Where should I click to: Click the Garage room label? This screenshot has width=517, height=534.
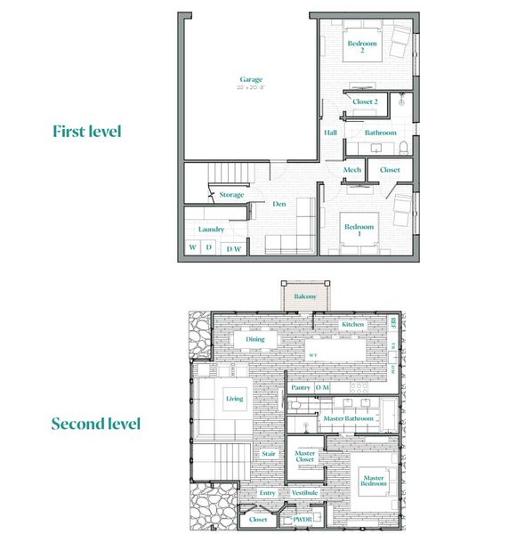coord(250,80)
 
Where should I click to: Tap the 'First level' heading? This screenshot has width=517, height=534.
coord(86,132)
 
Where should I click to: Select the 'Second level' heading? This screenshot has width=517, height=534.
coord(95,424)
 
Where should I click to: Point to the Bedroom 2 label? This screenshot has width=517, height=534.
coord(362,46)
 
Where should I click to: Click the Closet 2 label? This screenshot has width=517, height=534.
coord(365,102)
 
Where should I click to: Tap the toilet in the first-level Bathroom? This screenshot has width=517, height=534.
coord(403,146)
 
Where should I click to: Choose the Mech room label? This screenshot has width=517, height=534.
coord(352,170)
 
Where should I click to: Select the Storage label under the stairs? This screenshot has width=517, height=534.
coord(231,195)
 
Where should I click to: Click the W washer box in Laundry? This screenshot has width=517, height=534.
coord(192,248)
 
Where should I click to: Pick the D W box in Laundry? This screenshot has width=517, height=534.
coord(233,249)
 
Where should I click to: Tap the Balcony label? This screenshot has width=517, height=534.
coord(305,296)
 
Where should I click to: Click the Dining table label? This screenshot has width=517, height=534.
coord(255,339)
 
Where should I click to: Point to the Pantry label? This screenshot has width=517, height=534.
coord(301,387)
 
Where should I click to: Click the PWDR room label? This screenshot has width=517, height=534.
coord(302,519)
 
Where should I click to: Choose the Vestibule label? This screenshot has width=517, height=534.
coord(304,493)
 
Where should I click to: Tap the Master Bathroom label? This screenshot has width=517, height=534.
coord(348,418)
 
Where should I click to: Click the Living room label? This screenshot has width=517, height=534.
coord(234,399)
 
